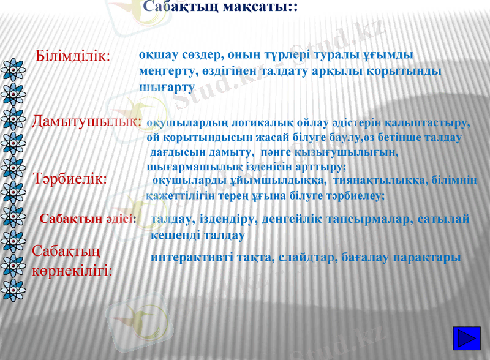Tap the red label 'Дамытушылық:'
click(86, 121)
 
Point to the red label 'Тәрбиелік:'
click(70, 179)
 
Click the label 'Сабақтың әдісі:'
click(88, 219)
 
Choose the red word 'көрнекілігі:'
click(72, 269)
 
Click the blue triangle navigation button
click(469, 339)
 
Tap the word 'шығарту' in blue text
click(167, 88)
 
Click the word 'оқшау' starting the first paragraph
click(157, 54)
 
